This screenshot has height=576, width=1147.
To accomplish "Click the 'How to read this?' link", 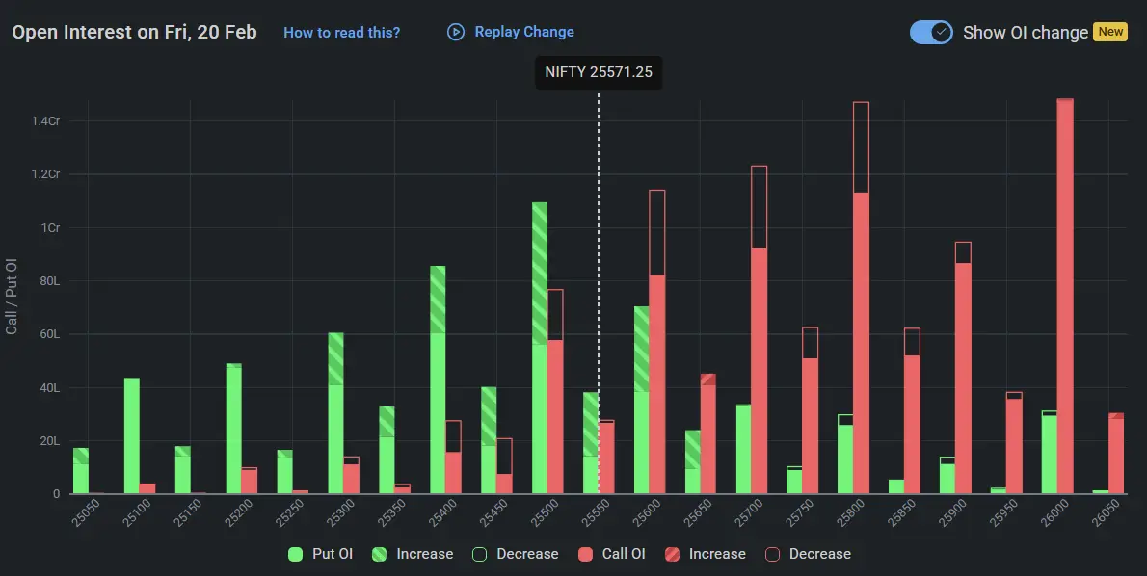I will (x=341, y=32).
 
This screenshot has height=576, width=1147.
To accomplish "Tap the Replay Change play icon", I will (x=456, y=32).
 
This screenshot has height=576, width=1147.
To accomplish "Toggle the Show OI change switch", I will (x=930, y=32).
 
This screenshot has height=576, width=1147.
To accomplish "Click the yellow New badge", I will (x=1110, y=32).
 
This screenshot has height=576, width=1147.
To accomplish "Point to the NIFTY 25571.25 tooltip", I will (x=598, y=72).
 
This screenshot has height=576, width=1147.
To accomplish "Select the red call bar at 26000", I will (x=1065, y=299).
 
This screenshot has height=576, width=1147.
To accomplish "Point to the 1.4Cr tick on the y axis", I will (x=45, y=121).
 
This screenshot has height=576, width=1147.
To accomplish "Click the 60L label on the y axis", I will (x=49, y=334).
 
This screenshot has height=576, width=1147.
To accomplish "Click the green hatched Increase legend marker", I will (x=380, y=554).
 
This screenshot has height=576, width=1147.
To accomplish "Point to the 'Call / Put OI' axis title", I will (x=12, y=297).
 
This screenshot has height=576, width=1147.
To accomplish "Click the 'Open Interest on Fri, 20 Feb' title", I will (x=134, y=32).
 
